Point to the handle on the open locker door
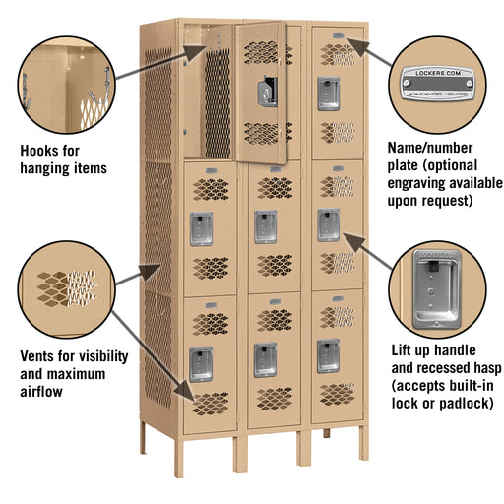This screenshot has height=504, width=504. (x=265, y=94)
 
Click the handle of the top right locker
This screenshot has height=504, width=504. (x=327, y=93)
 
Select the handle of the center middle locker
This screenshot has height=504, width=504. (x=265, y=226)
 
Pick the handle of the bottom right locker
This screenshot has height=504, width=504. (x=327, y=356)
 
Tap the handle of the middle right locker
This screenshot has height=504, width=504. (x=327, y=224)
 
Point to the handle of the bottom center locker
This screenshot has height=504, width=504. (x=265, y=359)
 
